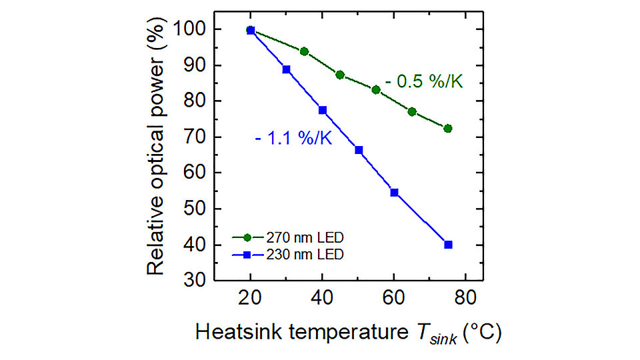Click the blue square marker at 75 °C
[x=448, y=245]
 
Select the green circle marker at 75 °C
[x=448, y=129]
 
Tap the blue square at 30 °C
[x=287, y=69]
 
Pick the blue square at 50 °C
[x=359, y=150]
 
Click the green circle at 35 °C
[x=305, y=51]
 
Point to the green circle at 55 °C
[x=376, y=89]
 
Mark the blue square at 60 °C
[x=394, y=193]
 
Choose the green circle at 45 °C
[x=340, y=75]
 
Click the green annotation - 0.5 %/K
[x=423, y=82]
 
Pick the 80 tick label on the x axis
[x=466, y=299]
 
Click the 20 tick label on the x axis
[x=251, y=299]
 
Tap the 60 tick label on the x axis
[x=394, y=299]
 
